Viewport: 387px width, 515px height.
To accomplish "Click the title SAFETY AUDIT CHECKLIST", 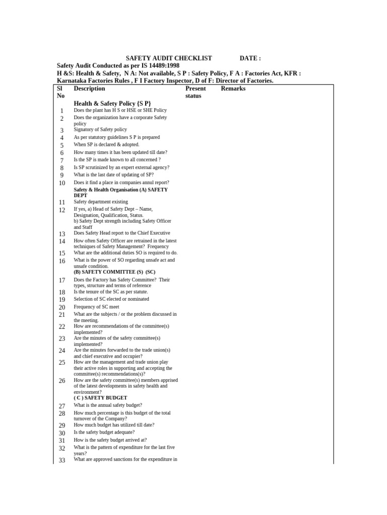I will tap(168, 58).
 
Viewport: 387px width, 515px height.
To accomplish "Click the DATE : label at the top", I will tap(250, 58).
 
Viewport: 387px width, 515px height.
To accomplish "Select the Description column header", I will tap(89, 89).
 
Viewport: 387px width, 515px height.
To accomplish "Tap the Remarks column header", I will tap(233, 89).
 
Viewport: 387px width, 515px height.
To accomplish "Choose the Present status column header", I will tap(196, 92).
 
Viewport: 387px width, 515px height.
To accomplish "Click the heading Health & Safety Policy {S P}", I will tap(112, 103).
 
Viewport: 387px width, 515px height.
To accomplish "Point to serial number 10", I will tap(61, 183).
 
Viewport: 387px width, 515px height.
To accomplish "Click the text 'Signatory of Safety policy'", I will tap(100, 130).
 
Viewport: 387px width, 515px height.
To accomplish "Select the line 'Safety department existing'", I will tap(101, 202).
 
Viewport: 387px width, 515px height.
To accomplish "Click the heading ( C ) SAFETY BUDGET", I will tap(100, 398).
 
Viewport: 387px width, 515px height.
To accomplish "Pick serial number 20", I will tap(61, 307).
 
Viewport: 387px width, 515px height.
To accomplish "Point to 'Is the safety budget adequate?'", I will tap(104, 433).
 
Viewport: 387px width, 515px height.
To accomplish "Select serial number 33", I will tap(61, 460).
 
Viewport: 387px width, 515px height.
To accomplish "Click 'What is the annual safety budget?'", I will tap(108, 405).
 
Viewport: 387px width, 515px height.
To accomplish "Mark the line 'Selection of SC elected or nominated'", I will tap(111, 299).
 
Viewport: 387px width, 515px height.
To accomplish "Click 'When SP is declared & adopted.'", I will tap(106, 145).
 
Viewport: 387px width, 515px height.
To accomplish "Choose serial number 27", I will tap(61, 406).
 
